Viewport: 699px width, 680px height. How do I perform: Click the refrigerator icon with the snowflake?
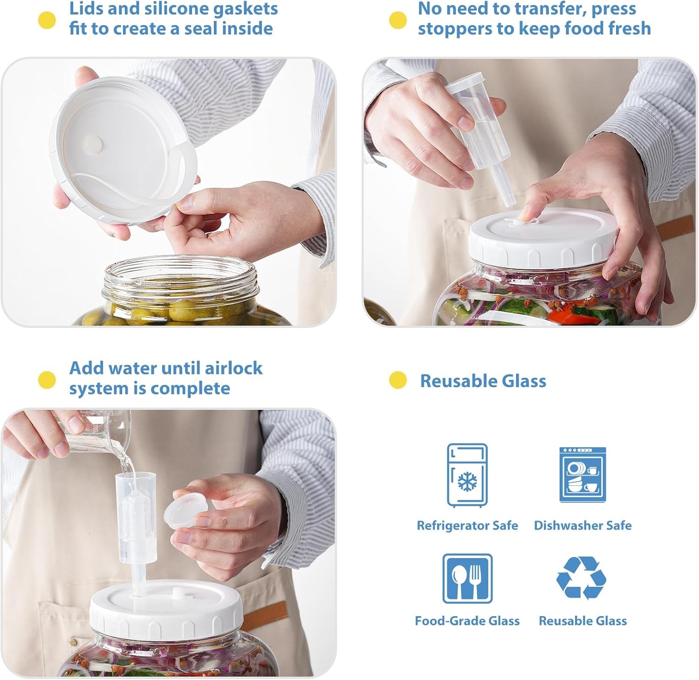pyautogui.click(x=467, y=475)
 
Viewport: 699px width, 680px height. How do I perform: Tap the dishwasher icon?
pyautogui.click(x=582, y=475)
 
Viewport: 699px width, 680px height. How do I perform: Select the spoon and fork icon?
pyautogui.click(x=467, y=578)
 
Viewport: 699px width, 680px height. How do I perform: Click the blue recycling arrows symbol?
pyautogui.click(x=582, y=578)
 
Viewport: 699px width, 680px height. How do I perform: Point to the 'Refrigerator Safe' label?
pyautogui.click(x=467, y=525)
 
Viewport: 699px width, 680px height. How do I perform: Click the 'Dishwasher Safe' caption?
pyautogui.click(x=582, y=525)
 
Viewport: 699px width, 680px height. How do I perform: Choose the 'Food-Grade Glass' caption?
pyautogui.click(x=467, y=621)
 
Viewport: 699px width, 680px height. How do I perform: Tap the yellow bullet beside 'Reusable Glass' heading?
pyautogui.click(x=397, y=380)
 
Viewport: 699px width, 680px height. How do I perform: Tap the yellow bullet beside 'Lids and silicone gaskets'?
pyautogui.click(x=47, y=20)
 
